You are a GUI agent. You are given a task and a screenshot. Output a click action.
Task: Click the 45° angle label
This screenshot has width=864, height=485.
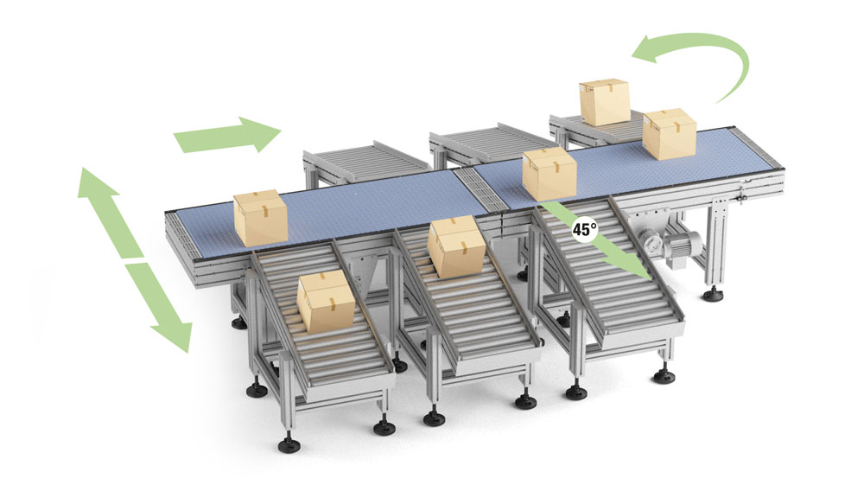pos(585,231)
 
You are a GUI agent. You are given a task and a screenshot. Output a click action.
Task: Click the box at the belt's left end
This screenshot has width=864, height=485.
pos(261,217)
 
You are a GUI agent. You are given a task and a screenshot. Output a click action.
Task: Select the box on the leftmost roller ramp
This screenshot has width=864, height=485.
pos(325,300)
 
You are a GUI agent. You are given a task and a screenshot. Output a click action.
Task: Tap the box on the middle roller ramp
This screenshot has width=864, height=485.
pos(454,246)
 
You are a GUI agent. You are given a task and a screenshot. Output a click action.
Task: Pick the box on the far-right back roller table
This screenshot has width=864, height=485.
pos(604,102)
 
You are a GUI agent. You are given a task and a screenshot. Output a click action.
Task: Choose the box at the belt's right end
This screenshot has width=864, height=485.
pos(670,133)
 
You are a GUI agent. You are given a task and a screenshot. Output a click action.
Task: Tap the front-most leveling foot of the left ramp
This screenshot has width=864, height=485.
pos(286,444)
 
